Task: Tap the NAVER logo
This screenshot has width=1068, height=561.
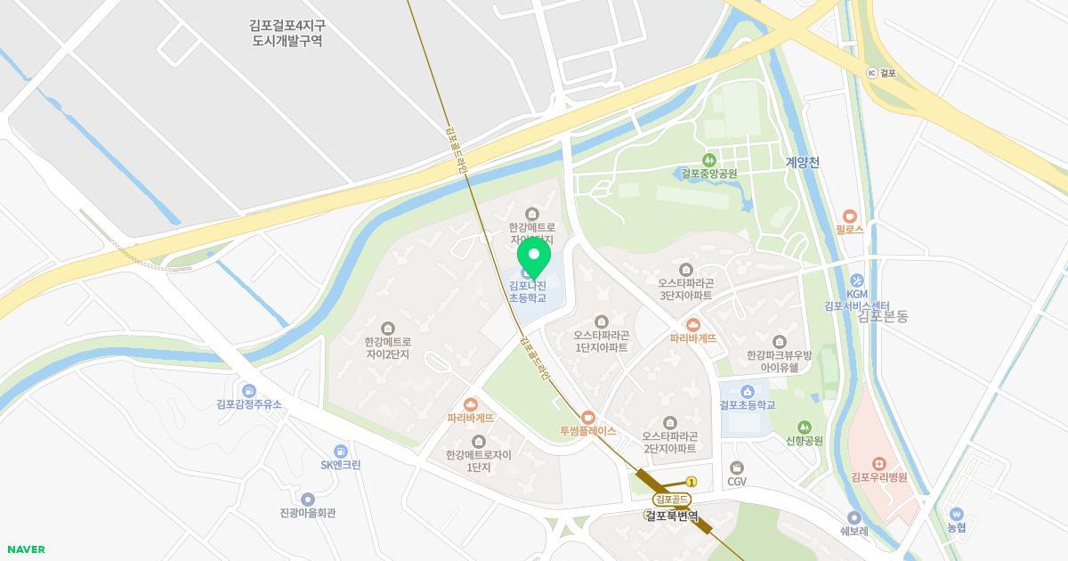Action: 24,549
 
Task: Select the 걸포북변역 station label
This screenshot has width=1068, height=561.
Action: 672,516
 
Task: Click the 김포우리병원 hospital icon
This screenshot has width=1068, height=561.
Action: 878,463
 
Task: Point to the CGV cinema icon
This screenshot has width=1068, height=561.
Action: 736,467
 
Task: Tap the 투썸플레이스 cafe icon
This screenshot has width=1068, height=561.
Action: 587,417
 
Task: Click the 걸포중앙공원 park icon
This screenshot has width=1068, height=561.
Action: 709,159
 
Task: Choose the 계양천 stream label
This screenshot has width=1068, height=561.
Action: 802,163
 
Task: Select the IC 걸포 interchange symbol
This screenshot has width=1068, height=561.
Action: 871,73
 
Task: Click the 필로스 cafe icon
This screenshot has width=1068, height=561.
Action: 850,215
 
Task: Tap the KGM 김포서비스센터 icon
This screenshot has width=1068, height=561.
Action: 856,280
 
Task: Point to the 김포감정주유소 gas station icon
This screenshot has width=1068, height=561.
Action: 249,390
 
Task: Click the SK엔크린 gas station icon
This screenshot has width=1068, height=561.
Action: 340,451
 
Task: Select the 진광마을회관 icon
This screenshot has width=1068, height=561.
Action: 307,499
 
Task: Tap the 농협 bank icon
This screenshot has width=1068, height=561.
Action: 957,514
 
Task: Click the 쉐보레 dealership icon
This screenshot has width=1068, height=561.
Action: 854,517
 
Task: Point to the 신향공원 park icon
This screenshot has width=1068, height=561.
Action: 805,427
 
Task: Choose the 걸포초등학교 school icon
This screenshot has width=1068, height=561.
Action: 748,391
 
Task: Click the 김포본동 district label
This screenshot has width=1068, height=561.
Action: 883,316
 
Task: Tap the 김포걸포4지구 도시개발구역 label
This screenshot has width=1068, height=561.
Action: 287,33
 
